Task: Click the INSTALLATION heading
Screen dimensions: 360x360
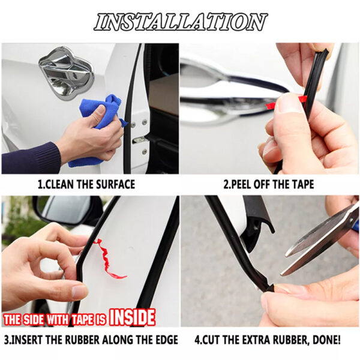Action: click(x=181, y=22)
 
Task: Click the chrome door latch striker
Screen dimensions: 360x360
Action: click(x=66, y=73)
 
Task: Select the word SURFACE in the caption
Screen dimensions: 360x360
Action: click(x=115, y=185)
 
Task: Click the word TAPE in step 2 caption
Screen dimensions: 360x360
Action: click(x=302, y=185)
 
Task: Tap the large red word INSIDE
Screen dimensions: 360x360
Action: click(x=132, y=317)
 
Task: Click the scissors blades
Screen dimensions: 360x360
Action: click(x=319, y=239)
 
